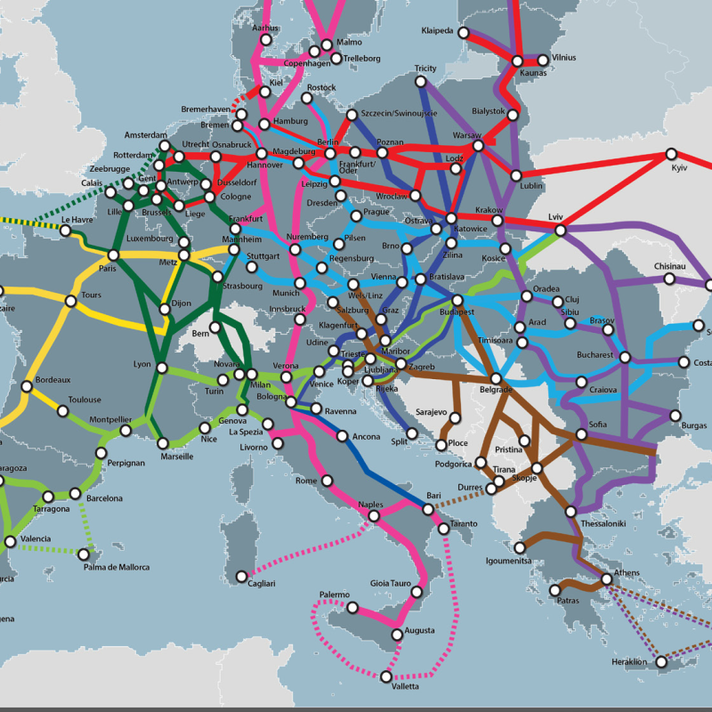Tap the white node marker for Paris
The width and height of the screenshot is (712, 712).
[x=113, y=255]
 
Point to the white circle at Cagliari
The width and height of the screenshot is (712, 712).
[x=241, y=576]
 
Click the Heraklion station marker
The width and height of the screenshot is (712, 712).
[x=661, y=660]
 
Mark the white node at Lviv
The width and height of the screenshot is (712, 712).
[x=561, y=231]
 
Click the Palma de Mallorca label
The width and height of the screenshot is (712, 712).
[x=117, y=567]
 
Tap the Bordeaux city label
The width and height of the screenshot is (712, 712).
[x=52, y=380]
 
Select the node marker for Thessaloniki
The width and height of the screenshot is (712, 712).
[x=571, y=511]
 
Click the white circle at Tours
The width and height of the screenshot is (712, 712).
[x=71, y=301]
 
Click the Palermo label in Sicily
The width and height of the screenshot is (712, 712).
[x=336, y=594]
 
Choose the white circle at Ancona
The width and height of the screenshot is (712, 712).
[x=343, y=436]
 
